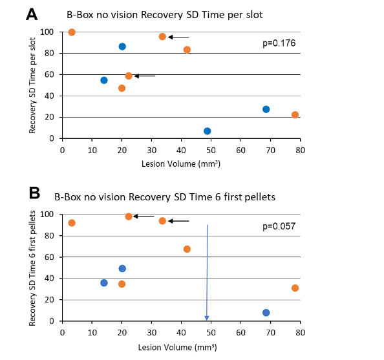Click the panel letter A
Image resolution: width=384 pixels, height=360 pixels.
[31, 14]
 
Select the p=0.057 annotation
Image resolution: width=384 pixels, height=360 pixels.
[279, 226]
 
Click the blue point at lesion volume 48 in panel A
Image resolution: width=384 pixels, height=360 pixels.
[207, 131]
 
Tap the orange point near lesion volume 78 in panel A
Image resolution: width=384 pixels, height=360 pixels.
[295, 115]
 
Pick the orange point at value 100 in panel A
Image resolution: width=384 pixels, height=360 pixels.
[72, 32]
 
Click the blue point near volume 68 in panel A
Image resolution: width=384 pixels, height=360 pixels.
[266, 109]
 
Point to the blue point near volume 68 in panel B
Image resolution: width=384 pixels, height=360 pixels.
[266, 313]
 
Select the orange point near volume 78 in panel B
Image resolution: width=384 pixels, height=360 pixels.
[295, 288]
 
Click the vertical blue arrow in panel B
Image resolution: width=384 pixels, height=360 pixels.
[207, 271]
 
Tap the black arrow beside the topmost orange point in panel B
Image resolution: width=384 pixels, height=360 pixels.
[145, 217]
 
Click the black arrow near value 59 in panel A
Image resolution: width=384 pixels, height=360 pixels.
[145, 76]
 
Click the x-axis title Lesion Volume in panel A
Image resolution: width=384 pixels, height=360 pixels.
[181, 164]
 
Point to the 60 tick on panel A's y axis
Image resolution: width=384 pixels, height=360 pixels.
[49, 74]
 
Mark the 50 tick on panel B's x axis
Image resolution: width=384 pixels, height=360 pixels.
[211, 331]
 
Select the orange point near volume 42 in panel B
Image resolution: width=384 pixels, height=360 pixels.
[187, 249]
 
